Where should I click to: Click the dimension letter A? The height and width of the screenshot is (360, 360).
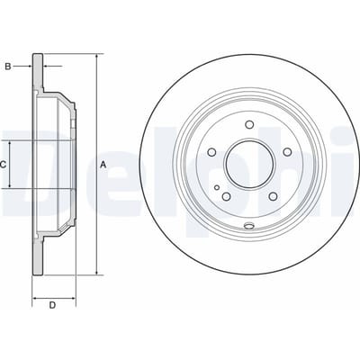[x=103, y=165]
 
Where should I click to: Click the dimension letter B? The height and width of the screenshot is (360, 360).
[x=8, y=67]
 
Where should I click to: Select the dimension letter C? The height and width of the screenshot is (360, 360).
[x=3, y=165]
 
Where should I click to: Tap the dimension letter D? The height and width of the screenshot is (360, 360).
[x=52, y=305]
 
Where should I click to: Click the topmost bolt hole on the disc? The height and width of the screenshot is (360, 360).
[x=249, y=124]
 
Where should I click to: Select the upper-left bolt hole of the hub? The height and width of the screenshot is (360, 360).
[x=211, y=152]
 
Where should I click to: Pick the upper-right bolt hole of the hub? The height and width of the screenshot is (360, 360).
[x=287, y=152]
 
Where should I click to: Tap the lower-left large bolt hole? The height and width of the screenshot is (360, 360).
[x=226, y=196]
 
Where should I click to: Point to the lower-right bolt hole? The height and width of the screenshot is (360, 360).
[x=273, y=196]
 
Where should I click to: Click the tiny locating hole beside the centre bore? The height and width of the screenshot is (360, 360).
[x=217, y=187]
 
